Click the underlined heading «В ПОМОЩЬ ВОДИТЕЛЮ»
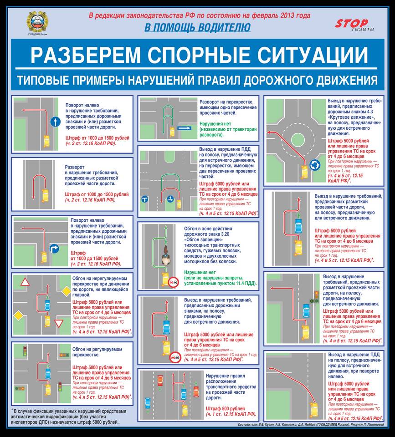pyautogui.click(x=197, y=28)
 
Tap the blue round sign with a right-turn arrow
pyautogui.click(x=53, y=248)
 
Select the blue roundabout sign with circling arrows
pyautogui.click(x=314, y=165)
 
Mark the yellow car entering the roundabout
pyautogui.click(x=303, y=171)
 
